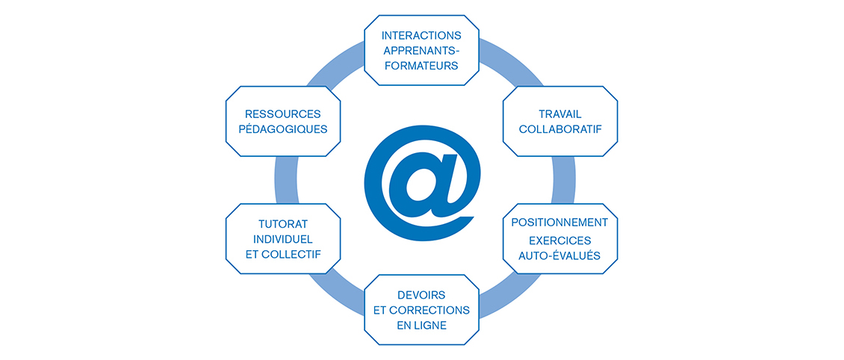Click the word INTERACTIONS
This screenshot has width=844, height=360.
coord(421,35)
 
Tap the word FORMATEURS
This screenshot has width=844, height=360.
coord(421,65)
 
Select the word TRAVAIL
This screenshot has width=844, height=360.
coord(560,114)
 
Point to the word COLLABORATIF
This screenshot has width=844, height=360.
coord(560,129)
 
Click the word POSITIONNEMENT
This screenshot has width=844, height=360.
coord(559,223)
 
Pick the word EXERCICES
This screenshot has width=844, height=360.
coord(559,240)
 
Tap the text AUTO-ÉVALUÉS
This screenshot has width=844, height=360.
coord(559,256)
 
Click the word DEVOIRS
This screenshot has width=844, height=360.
coord(421,294)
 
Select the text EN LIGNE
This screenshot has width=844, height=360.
coord(421,325)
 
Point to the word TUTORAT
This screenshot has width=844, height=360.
coord(282,223)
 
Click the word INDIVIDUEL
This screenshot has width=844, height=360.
coord(282,238)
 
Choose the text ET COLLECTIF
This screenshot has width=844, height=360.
coord(282,254)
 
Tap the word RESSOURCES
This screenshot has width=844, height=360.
coord(282,114)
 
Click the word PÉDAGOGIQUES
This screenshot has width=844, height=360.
coord(282,129)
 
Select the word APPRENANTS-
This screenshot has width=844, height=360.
coord(421,50)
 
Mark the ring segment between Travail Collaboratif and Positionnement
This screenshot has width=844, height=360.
coord(565,180)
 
